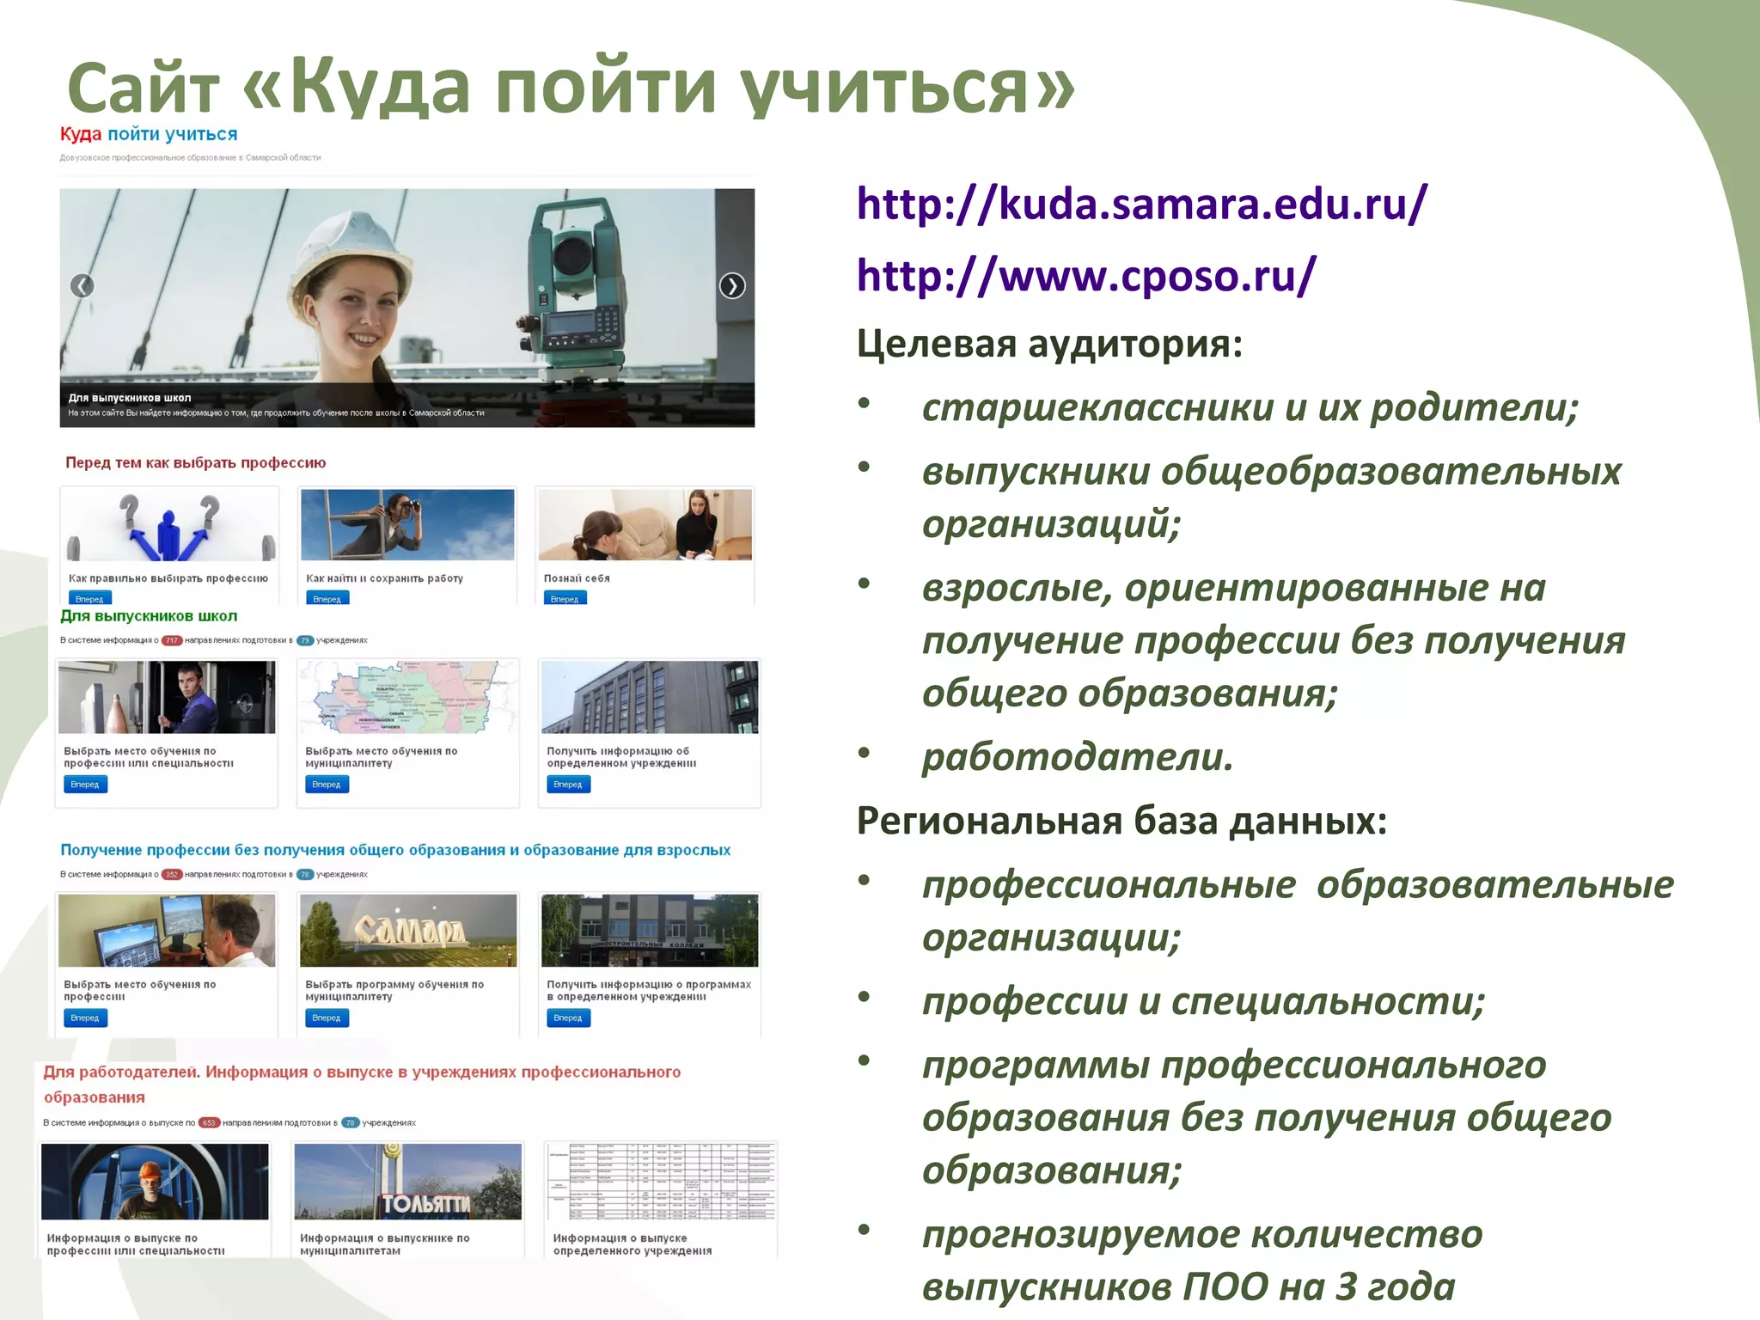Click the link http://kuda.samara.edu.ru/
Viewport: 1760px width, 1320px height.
point(1141,205)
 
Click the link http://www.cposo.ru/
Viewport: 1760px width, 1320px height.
point(1085,277)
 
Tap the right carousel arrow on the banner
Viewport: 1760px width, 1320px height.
point(732,285)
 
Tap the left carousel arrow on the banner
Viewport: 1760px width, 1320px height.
point(82,285)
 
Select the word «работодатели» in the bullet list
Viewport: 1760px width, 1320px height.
point(1077,757)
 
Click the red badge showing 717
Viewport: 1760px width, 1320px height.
point(172,640)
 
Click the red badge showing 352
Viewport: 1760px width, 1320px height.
point(172,875)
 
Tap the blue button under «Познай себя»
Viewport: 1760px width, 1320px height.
point(565,599)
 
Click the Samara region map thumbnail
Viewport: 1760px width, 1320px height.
point(407,697)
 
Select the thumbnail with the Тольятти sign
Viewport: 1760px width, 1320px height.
point(407,1182)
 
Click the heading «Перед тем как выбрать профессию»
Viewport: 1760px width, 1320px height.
point(195,463)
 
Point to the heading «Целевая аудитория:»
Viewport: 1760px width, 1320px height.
point(1049,345)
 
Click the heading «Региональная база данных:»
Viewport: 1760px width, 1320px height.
point(1121,822)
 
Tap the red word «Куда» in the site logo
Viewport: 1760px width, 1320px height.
point(81,134)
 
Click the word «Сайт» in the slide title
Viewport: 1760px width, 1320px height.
point(144,88)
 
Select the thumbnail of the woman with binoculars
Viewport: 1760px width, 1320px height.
point(407,525)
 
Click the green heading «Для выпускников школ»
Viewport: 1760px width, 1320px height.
point(149,616)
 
